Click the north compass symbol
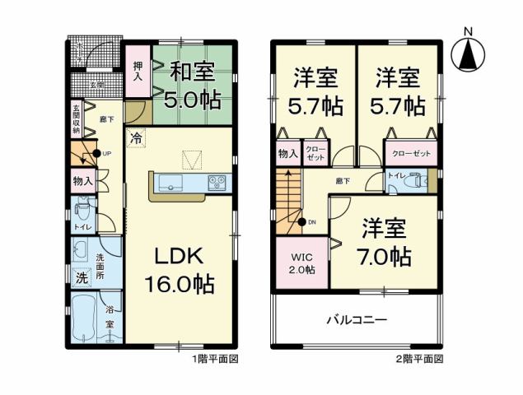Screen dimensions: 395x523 click(469, 51)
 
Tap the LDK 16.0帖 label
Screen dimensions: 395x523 click(180, 270)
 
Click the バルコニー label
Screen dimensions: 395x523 click(357, 318)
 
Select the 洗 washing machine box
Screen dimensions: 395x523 click(82, 277)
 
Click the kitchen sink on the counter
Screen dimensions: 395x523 click(171, 184)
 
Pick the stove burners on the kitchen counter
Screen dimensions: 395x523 click(217, 183)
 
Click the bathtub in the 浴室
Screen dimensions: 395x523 click(86, 320)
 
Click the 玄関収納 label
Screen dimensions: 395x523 click(76, 118)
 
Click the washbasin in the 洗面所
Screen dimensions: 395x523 click(82, 250)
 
